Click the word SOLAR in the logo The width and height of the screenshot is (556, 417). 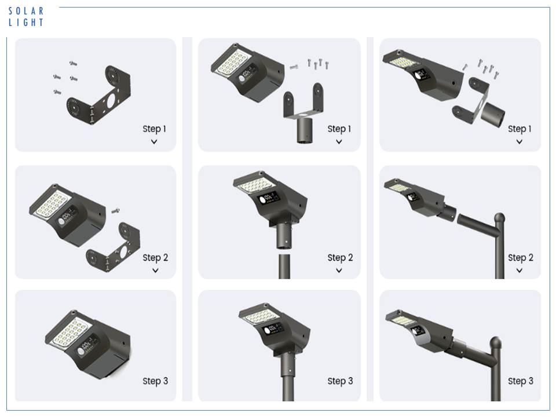point(26,12)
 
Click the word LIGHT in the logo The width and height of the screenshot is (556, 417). point(26,23)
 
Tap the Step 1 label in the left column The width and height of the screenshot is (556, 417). point(154,129)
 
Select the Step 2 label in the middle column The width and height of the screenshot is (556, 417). point(340,258)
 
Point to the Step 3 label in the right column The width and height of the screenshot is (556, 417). point(521,381)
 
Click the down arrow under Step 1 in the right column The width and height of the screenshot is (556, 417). point(519,142)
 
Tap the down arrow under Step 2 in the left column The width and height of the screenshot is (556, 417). point(155,270)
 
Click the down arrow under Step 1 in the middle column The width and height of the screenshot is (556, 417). point(339,142)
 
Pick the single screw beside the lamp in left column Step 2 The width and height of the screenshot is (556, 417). point(115,211)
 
